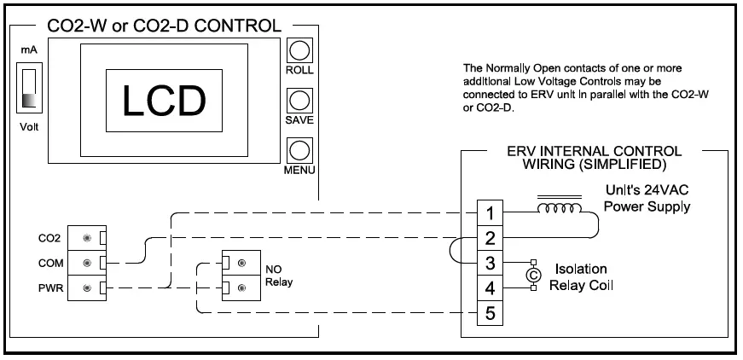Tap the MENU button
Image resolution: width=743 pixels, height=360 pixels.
(299, 150)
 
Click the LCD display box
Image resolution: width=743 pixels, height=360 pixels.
(165, 100)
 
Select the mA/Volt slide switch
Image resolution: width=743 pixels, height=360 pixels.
(30, 90)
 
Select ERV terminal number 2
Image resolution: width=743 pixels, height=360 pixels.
(489, 237)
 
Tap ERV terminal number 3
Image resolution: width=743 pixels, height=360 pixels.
(489, 263)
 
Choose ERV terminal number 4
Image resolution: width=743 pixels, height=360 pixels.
(489, 287)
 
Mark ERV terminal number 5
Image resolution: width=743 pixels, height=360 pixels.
(489, 313)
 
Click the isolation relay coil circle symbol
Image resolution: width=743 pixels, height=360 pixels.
(533, 275)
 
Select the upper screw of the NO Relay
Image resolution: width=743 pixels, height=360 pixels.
(241, 262)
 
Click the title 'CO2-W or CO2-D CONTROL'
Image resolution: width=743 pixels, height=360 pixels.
(165, 26)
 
